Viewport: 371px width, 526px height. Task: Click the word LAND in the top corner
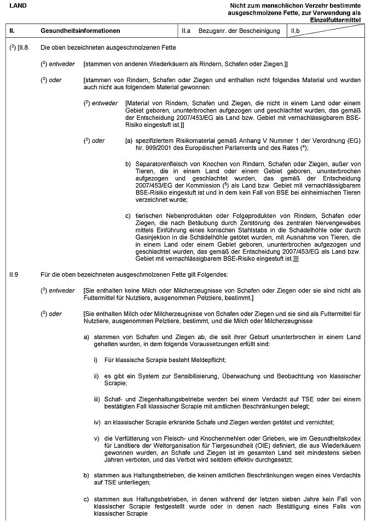point(18,5)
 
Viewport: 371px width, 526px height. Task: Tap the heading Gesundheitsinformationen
point(80,31)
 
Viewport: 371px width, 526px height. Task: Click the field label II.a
point(187,31)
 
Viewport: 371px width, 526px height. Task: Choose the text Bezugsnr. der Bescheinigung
point(239,31)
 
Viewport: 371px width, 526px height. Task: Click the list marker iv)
point(97,423)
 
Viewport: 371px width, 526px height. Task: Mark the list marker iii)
point(97,400)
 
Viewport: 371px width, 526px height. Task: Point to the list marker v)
point(96,439)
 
